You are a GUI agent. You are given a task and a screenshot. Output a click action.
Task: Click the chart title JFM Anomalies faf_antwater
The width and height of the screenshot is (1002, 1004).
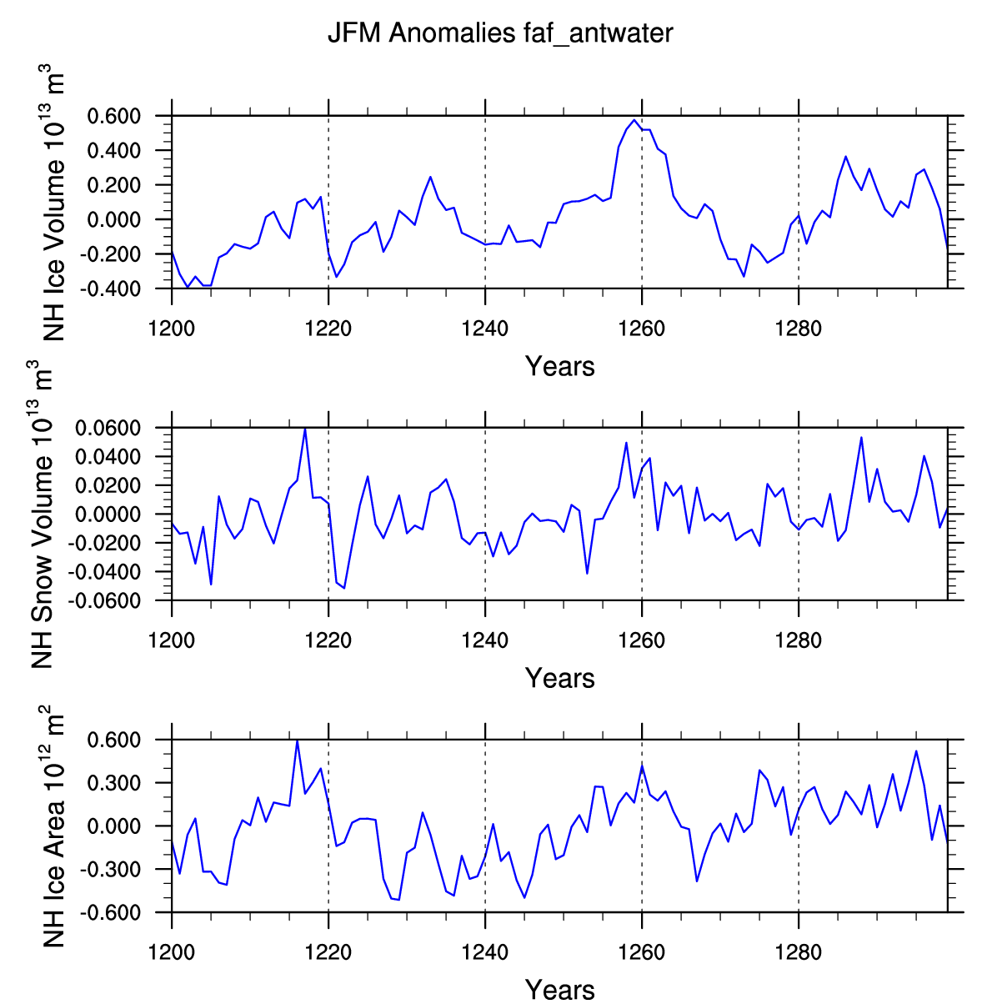point(500,33)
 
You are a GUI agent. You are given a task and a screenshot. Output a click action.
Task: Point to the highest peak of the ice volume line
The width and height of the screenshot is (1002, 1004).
point(634,120)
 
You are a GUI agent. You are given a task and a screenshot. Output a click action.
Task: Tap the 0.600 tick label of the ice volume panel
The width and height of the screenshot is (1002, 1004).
point(113,116)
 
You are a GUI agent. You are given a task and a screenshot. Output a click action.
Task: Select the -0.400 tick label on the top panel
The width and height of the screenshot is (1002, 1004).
point(110,289)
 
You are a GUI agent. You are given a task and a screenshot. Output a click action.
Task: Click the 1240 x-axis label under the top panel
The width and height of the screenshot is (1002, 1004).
point(484,329)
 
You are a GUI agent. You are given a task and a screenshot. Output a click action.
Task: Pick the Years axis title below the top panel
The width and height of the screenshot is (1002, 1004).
point(559,366)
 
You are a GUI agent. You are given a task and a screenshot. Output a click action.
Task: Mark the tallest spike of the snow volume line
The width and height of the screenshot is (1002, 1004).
point(305,429)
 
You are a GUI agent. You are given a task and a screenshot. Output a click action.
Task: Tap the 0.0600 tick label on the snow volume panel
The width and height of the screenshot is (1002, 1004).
point(108,428)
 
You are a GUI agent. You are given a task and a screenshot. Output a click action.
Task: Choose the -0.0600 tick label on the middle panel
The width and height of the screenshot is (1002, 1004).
point(104,600)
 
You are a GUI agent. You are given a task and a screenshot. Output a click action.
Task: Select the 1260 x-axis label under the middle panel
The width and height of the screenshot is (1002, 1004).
point(641,641)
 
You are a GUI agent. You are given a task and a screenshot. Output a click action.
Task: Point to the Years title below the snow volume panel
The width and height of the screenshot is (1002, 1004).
point(559,678)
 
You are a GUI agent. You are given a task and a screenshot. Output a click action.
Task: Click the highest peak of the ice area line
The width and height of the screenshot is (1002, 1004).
point(297,740)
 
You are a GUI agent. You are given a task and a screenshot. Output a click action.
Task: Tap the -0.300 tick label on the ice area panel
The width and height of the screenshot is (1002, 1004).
point(110,870)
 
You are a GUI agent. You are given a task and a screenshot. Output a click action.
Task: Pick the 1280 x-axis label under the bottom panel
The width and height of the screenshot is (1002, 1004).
point(799,953)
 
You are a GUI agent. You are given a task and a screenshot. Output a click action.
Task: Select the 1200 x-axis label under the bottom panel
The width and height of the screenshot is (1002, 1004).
point(172,953)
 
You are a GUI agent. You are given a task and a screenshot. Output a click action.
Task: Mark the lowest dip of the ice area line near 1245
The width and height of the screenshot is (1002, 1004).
point(524,897)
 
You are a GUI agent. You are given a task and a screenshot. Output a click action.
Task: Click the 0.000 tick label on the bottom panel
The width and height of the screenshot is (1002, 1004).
point(113,826)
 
